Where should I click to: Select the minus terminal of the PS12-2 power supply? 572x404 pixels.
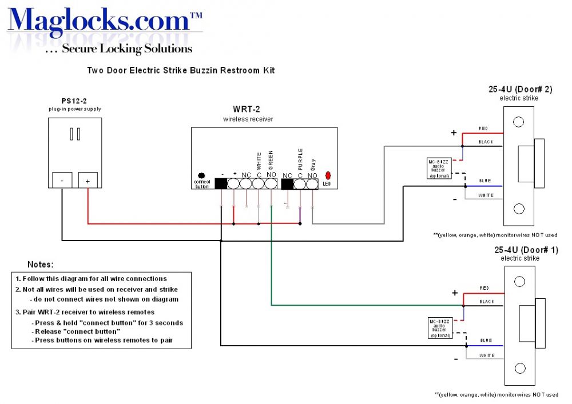(62, 181)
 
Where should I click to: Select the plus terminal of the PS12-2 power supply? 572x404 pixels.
(88, 181)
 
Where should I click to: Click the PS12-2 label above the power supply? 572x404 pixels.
(74, 101)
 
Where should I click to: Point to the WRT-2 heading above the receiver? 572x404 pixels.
(248, 109)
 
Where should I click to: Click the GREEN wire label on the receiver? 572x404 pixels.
(271, 159)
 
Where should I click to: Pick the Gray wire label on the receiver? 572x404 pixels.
(312, 165)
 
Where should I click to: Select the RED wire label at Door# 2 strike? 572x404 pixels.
(484, 129)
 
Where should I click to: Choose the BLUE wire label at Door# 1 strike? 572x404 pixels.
(485, 341)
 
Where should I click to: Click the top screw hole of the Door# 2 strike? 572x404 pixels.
(519, 122)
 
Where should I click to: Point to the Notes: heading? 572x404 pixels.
(41, 265)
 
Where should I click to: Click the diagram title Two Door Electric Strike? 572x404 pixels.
(180, 70)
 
